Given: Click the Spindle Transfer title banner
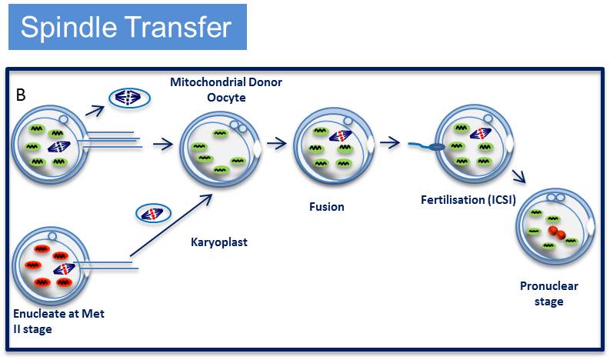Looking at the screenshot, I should pyautogui.click(x=126, y=28).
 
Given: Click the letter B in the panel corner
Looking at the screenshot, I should pyautogui.click(x=21, y=95).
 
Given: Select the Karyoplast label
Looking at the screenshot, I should pyautogui.click(x=218, y=242).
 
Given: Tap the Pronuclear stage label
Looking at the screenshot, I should pyautogui.click(x=548, y=293).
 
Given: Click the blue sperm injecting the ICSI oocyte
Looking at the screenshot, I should pyautogui.click(x=422, y=146).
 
